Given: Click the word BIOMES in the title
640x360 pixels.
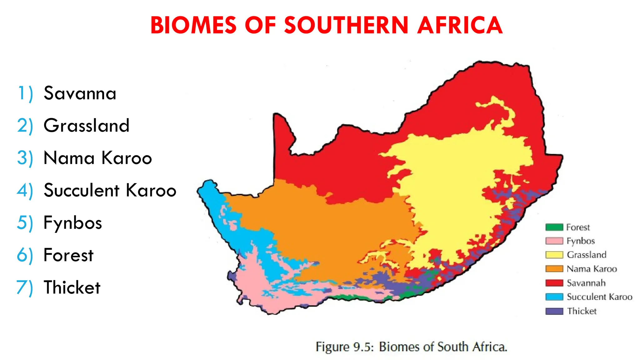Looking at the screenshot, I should pos(193,25).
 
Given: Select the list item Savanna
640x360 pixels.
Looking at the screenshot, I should pos(80,93).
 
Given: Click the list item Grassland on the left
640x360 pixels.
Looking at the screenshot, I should pos(87,126).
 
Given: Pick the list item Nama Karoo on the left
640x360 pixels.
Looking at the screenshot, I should pos(98,158).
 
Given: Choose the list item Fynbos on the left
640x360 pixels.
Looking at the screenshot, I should pos(73,223).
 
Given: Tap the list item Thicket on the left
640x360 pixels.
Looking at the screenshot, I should pos(72,287).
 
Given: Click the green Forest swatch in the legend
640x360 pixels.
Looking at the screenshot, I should pos(554,227).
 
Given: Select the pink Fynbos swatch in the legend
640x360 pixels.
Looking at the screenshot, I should pos(554,241).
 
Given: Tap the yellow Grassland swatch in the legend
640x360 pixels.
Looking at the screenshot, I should pos(554,255).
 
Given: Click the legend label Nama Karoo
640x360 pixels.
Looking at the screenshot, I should pos(592,269).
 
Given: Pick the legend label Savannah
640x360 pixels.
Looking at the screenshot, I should pos(586,283).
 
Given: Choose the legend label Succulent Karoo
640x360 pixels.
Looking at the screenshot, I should pos(599,297).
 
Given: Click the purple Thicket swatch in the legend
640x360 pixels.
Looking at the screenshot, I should pos(554,311).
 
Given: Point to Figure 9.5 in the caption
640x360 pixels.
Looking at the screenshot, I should pos(345,347).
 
